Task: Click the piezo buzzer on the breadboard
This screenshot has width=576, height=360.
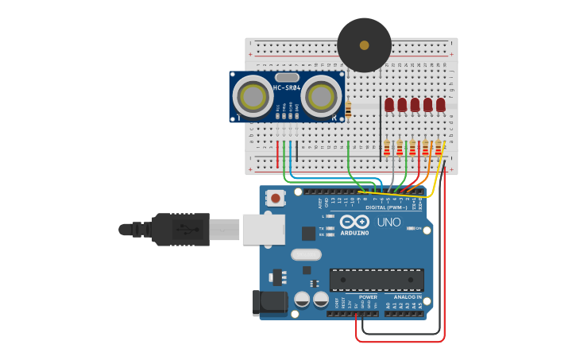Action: coord(365,45)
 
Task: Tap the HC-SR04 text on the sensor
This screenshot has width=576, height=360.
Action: coord(288,87)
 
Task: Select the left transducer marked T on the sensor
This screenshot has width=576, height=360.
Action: coord(253,98)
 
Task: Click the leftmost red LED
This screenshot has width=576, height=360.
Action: coord(389,104)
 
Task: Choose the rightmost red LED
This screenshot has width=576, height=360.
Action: coord(441,104)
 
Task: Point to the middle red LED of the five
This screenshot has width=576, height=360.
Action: coord(415,104)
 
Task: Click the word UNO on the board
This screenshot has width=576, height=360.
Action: coord(389,222)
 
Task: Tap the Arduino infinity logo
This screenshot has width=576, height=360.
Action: coord(354,222)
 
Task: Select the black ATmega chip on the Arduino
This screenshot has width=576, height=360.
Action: coord(377,280)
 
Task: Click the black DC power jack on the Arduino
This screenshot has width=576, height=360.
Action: coord(267,302)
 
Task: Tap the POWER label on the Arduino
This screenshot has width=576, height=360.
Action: coord(367,296)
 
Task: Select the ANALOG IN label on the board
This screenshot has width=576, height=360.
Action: coord(408,296)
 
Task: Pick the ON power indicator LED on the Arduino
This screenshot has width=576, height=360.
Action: coord(410,228)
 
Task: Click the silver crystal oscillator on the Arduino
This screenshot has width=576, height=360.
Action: coord(306,255)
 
